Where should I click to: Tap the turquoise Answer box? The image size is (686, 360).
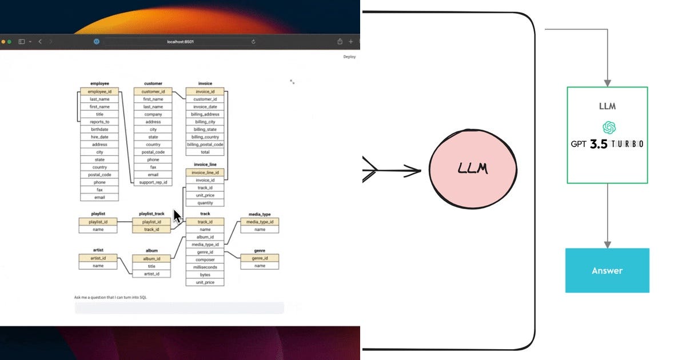click(x=607, y=270)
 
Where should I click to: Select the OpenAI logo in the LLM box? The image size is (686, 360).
click(x=608, y=127)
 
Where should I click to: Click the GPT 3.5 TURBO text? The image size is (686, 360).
click(x=607, y=143)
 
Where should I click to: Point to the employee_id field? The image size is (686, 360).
click(x=99, y=91)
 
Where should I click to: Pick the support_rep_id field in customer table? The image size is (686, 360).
click(x=153, y=182)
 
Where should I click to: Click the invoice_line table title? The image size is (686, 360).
click(x=205, y=165)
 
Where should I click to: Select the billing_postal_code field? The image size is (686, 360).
click(x=205, y=145)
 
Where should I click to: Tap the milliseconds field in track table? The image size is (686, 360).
click(x=205, y=267)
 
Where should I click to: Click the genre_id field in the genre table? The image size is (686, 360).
click(x=260, y=258)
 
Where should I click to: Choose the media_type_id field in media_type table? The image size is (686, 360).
click(x=260, y=222)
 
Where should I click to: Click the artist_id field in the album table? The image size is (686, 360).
click(x=151, y=274)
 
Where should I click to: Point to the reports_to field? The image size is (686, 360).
click(x=99, y=122)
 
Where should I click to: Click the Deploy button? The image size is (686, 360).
click(x=349, y=57)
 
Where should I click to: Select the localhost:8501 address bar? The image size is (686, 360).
click(x=180, y=42)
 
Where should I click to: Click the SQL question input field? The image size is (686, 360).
click(x=179, y=308)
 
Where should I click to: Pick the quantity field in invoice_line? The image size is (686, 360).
click(x=205, y=203)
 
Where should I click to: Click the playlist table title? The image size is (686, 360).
click(x=98, y=214)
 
